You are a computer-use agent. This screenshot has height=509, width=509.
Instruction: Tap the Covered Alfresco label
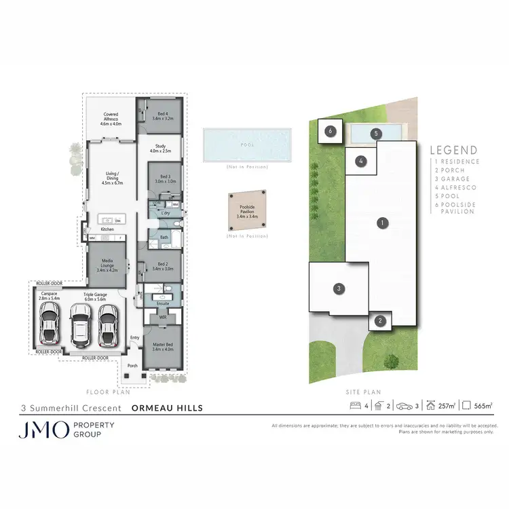click(x=111, y=119)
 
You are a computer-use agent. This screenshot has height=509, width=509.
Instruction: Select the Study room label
click(x=161, y=148)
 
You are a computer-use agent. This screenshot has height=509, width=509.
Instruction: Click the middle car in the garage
click(x=80, y=324)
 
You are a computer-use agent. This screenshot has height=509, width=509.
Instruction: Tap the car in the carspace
click(x=50, y=323)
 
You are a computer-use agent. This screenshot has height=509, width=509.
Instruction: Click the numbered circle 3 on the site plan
click(x=338, y=289)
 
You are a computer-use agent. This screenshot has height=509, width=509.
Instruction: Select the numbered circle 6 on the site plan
click(x=331, y=131)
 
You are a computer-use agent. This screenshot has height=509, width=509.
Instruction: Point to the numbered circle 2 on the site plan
click(x=381, y=321)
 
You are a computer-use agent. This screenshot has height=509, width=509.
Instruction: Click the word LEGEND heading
click(x=454, y=151)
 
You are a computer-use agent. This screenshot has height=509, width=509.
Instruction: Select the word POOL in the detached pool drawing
click(x=247, y=145)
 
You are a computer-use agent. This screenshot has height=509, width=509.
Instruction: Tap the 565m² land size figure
click(x=483, y=406)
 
